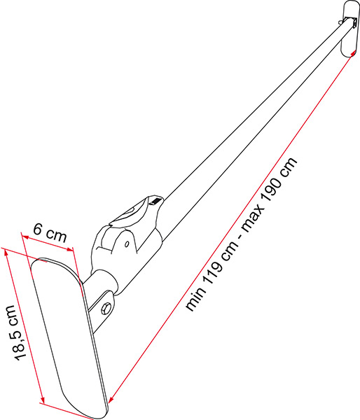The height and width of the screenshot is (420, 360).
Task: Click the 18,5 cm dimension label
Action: click(15, 332)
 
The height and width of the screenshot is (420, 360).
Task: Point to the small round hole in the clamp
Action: click(127, 244)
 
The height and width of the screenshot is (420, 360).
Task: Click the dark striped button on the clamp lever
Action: click(155, 201)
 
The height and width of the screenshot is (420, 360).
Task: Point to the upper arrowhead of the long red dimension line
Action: click(353, 53)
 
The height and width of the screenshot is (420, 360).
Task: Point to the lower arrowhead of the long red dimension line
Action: click(111, 399)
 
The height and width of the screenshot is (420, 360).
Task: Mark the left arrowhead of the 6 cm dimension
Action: click(25, 237)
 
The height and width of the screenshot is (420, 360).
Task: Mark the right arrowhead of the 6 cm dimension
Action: click(70, 250)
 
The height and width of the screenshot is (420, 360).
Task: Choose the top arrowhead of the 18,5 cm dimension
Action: click(6, 252)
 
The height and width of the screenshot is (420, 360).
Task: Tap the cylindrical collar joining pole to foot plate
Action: click(102, 281)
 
